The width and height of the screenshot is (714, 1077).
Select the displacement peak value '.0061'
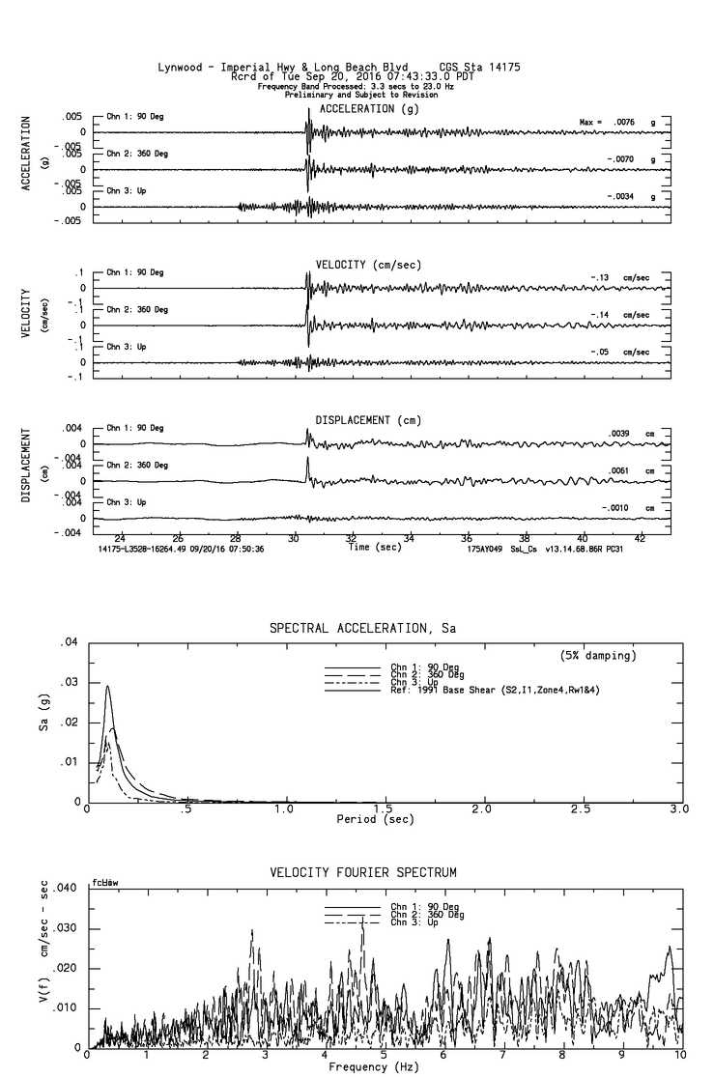(x=620, y=470)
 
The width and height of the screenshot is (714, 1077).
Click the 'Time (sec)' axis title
(x=374, y=547)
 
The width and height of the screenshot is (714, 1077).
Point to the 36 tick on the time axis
(x=467, y=537)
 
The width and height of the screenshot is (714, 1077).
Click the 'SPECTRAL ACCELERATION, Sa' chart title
(x=362, y=629)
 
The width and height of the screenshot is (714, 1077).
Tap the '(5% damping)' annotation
(x=598, y=656)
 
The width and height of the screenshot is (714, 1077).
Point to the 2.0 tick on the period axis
(x=482, y=809)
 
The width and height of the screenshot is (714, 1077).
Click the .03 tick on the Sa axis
(x=69, y=682)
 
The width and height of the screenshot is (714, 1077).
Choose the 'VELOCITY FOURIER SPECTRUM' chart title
(x=362, y=873)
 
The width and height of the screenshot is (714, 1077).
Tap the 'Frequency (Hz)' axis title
(x=373, y=1067)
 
